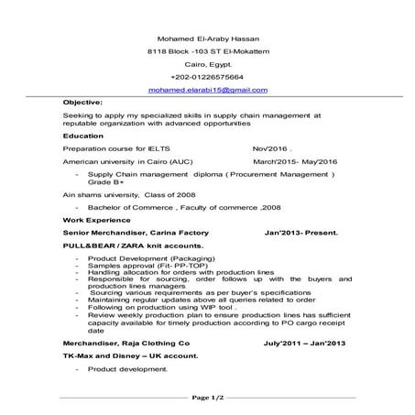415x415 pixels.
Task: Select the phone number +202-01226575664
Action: tap(207, 79)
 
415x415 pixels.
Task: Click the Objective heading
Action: tap(83, 104)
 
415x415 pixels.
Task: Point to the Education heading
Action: tap(83, 135)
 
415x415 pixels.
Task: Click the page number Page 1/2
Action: tap(208, 398)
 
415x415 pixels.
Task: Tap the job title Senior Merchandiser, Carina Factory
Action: tap(136, 233)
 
